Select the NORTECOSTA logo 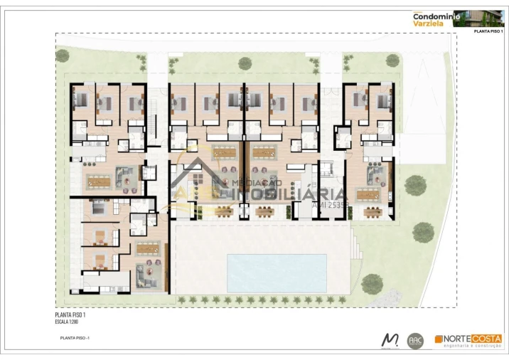468,340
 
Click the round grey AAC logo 415,341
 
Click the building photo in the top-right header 483,17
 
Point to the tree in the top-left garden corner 63,55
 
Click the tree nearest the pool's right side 371,283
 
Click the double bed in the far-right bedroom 383,100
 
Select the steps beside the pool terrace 358,246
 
